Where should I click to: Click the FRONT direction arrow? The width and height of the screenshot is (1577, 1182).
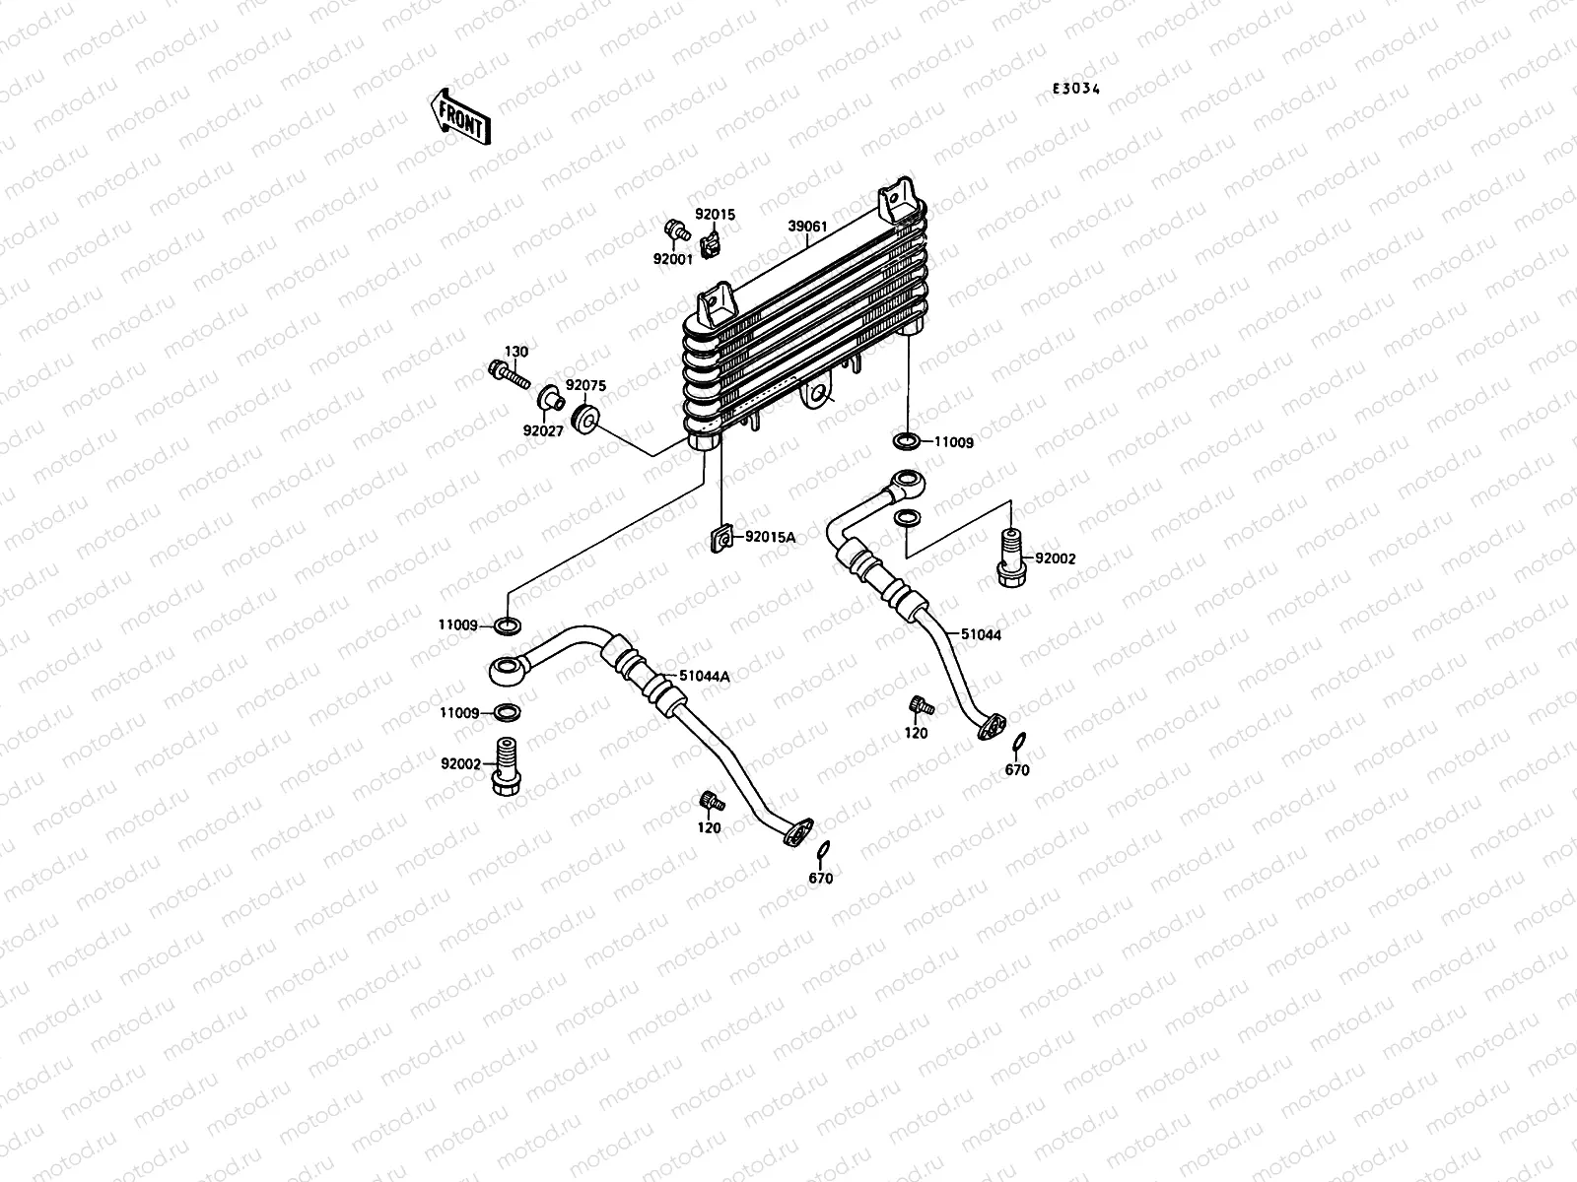(x=459, y=116)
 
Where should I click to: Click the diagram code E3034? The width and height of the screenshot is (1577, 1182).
(x=1075, y=89)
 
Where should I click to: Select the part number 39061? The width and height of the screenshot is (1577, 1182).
(x=807, y=227)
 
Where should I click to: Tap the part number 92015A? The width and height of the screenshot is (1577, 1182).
(x=770, y=537)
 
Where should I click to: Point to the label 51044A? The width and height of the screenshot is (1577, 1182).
(x=704, y=677)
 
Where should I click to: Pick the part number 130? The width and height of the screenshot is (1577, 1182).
(x=516, y=352)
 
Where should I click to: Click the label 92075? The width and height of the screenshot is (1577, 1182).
(x=585, y=387)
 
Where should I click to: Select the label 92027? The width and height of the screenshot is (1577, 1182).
(x=543, y=430)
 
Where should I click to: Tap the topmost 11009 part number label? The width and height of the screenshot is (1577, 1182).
(x=953, y=443)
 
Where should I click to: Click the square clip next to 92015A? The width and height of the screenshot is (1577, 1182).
(x=723, y=538)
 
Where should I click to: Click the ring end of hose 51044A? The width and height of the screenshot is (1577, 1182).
(x=509, y=672)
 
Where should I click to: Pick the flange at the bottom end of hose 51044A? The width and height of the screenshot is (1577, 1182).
(x=796, y=832)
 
